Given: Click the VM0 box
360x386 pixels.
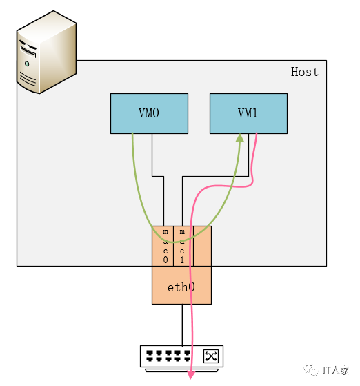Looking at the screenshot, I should pyautogui.click(x=149, y=113).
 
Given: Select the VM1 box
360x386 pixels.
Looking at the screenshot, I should pyautogui.click(x=248, y=113).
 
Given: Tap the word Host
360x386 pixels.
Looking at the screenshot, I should pyautogui.click(x=304, y=72).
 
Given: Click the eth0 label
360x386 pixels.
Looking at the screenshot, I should pyautogui.click(x=181, y=286).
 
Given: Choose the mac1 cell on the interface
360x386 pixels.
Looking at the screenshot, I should pyautogui.click(x=182, y=246).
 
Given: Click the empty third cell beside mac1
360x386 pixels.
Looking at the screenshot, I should pyautogui.click(x=202, y=246).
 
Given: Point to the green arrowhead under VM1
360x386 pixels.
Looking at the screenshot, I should pyautogui.click(x=240, y=139).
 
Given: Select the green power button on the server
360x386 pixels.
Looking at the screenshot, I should pyautogui.click(x=27, y=64).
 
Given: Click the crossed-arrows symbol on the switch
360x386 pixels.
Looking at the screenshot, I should pyautogui.click(x=210, y=356).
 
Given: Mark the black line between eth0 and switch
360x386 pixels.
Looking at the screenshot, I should pyautogui.click(x=182, y=325).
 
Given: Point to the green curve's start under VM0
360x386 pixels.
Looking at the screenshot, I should pyautogui.click(x=132, y=136).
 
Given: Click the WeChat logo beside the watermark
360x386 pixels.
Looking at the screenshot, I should pyautogui.click(x=314, y=370).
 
